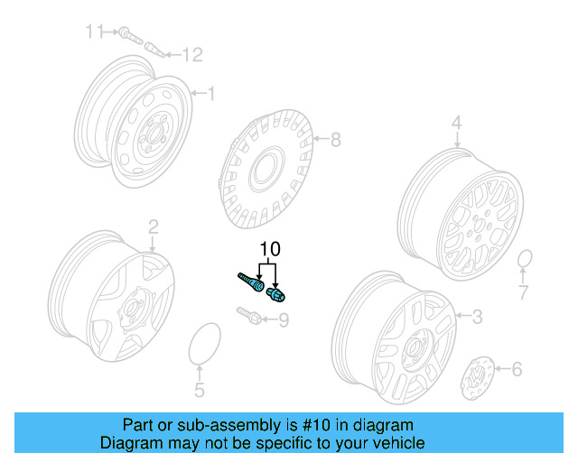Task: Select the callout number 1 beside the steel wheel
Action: point(211,93)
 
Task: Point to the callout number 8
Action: point(335,139)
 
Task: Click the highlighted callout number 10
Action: point(271,249)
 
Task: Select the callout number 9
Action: point(283,319)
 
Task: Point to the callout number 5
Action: point(200,390)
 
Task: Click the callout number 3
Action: point(478,315)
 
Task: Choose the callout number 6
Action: point(517,368)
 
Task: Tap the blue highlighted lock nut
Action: point(276,292)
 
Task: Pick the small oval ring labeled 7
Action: point(525,261)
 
